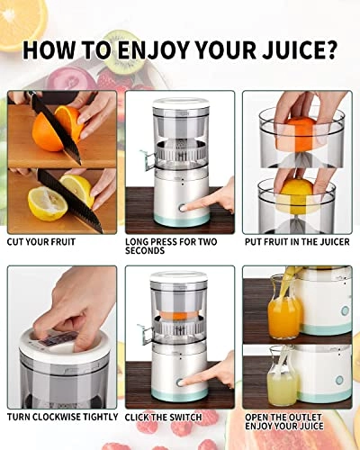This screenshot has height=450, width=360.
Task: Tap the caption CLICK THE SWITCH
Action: (x=164, y=417)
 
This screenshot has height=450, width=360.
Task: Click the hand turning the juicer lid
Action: (x=76, y=306)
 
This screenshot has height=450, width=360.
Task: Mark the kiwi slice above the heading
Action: (x=126, y=41)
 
